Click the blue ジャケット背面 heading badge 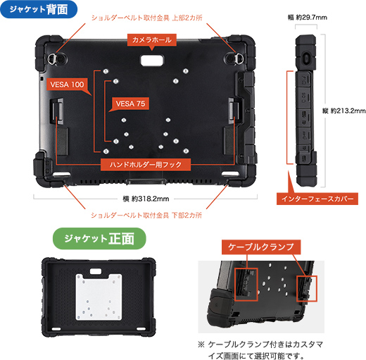point(39,9)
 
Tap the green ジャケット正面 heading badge point(99,239)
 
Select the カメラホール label point(152,39)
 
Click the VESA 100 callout point(67,85)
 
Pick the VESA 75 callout point(130,104)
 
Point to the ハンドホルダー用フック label point(146,165)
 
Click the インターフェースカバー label point(317,199)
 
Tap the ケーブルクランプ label point(261,247)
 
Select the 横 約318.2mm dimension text point(146,199)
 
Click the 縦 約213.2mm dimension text point(344,111)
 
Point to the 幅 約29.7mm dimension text point(308,18)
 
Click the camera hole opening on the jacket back point(152,60)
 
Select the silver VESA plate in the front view point(99,297)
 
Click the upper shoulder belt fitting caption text point(146,18)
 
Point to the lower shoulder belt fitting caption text point(146,216)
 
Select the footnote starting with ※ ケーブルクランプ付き point(260,350)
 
